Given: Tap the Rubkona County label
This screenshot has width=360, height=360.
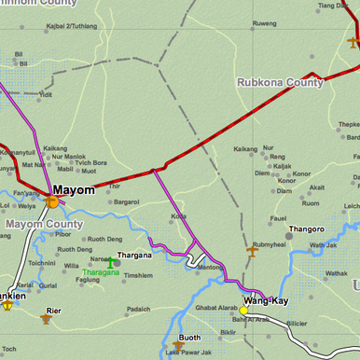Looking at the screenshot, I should [x=280, y=82].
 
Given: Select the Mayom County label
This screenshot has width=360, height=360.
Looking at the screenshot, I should [x=45, y=224].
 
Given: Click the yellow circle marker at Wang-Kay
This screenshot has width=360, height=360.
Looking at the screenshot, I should [x=243, y=311].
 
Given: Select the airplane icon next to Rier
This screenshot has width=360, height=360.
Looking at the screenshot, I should [x=46, y=319].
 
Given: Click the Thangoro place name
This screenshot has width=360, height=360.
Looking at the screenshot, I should [x=307, y=228].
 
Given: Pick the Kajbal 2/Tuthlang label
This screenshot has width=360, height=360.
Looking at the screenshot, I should [x=64, y=26].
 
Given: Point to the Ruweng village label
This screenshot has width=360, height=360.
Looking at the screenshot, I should [x=265, y=22].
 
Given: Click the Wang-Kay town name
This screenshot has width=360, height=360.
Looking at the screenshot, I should [x=267, y=301].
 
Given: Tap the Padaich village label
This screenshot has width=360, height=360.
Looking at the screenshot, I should [x=138, y=309].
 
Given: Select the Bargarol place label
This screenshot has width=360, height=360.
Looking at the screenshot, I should [x=126, y=201].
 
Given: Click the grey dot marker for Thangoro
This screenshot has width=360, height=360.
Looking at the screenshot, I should [x=288, y=236].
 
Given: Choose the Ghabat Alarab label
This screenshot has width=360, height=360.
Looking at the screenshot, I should [x=216, y=307].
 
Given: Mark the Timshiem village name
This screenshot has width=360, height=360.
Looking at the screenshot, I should [x=138, y=276].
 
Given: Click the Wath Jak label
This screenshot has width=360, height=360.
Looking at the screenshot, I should [x=323, y=245].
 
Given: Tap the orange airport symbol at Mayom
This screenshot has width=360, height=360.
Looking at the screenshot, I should [x=53, y=200].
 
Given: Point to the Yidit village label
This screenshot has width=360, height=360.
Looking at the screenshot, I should [x=46, y=94].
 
